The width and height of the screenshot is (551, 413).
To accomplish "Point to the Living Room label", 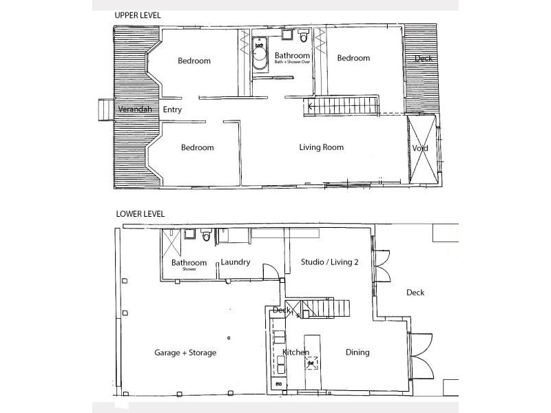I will [321, 147].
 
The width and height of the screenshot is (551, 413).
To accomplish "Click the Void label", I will [420, 149].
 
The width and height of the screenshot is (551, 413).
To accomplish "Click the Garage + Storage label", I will [185, 352].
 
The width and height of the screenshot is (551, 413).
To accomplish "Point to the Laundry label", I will [235, 262].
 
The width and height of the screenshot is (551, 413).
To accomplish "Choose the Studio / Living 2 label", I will [330, 262].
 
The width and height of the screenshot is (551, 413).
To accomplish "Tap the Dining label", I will [357, 352].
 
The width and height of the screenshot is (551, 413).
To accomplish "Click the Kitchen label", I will [296, 352].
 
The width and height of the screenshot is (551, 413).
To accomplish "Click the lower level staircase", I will [324, 309].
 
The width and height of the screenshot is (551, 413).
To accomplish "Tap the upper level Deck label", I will [424, 59].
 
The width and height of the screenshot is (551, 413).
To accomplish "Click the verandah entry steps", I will [105, 109].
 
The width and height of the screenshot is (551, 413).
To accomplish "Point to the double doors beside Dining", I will [420, 354].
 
